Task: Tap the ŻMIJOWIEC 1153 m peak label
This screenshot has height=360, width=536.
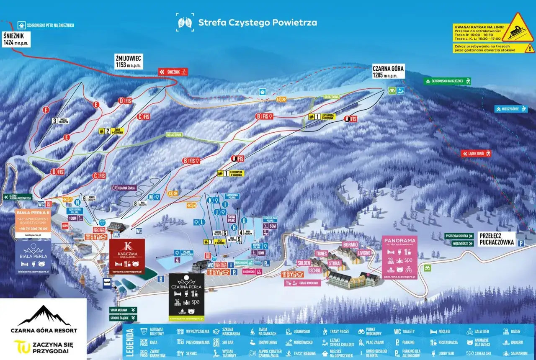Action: pyautogui.click(x=129, y=62)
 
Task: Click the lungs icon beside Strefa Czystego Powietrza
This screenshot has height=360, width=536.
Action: pyautogui.click(x=185, y=22)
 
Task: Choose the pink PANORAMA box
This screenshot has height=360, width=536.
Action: pyautogui.click(x=399, y=257)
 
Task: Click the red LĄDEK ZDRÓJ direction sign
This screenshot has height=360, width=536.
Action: pyautogui.click(x=476, y=154)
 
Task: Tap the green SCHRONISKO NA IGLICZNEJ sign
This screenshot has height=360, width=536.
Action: pyautogui.click(x=447, y=81)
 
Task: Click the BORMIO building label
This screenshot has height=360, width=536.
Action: pyautogui.click(x=350, y=244)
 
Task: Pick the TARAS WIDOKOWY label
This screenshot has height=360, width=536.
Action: pyautogui.click(x=302, y=283)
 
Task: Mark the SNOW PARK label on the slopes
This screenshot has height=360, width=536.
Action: pyautogui.click(x=232, y=218)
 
